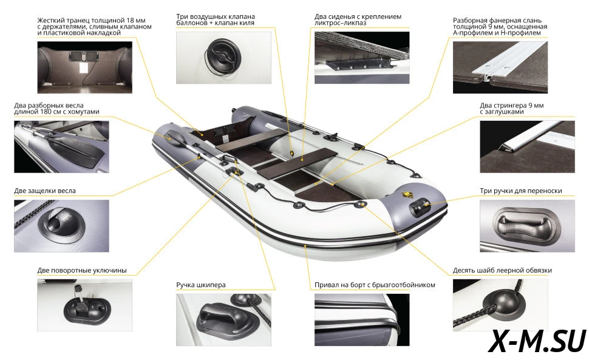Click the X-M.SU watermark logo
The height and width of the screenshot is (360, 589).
(x=537, y=341)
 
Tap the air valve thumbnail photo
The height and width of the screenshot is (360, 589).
(x=223, y=58)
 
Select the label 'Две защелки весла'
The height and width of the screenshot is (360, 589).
(x=45, y=191)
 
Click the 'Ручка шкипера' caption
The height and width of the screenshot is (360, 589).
(x=201, y=285)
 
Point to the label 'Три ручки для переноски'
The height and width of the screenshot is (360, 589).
(x=520, y=191)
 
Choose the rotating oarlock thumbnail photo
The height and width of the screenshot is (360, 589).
(x=84, y=305)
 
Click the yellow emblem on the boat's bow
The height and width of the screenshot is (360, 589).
(x=406, y=195)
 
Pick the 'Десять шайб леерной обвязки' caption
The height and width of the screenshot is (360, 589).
(x=502, y=270)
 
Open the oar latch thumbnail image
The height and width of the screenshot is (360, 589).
(x=61, y=226)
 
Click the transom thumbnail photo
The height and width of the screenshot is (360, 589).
(x=84, y=67)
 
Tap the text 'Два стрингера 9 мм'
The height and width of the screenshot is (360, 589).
(x=512, y=106)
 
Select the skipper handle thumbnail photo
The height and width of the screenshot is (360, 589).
(x=223, y=320)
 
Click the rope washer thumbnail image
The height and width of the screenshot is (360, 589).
(x=500, y=305)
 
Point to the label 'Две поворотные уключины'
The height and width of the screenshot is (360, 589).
(x=82, y=270)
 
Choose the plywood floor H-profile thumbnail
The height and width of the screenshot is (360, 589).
(x=500, y=67)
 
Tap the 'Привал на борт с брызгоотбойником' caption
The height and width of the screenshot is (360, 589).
(x=375, y=285)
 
